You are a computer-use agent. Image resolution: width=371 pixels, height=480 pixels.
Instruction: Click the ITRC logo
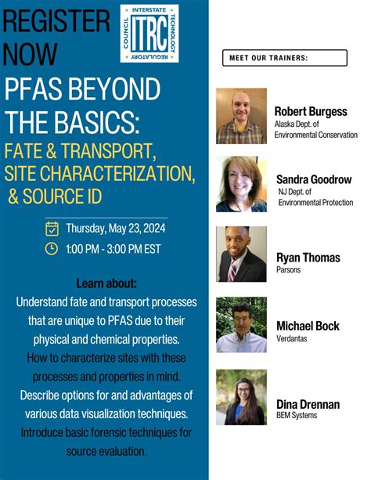(149, 33)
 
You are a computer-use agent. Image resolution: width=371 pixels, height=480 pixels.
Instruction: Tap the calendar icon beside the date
(52, 229)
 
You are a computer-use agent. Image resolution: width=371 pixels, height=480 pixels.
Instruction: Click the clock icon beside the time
(52, 249)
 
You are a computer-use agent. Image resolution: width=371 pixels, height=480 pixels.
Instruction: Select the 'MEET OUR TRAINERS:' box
(284, 58)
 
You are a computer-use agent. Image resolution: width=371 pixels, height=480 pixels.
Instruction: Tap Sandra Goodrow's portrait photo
(241, 184)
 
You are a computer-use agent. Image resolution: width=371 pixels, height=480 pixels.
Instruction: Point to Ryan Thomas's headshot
(241, 254)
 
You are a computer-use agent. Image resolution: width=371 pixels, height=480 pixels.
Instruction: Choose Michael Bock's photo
(241, 324)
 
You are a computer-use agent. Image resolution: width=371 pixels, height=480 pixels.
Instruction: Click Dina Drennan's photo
(241, 397)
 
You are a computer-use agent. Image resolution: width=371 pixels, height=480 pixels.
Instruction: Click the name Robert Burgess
(310, 111)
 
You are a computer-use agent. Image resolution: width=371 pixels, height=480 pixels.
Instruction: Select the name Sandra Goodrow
(313, 179)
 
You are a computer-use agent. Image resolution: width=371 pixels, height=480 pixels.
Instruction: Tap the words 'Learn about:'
(106, 283)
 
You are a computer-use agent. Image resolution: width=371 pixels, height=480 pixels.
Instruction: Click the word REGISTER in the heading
(56, 21)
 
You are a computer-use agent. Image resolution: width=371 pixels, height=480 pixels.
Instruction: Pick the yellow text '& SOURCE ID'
(62, 193)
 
